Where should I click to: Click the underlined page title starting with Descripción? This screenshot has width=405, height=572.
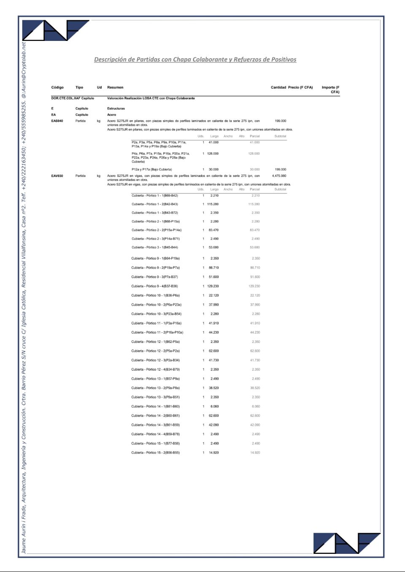coord(195,59)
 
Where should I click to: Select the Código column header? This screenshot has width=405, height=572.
coord(57,87)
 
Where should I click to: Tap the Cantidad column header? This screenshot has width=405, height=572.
coord(278,87)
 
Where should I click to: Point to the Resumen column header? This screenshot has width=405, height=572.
coord(115,87)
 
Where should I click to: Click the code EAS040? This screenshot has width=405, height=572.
coord(57,121)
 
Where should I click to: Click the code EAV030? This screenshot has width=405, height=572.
coord(57,176)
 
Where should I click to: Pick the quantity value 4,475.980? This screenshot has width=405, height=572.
coord(279,176)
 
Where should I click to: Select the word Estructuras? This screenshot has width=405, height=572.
coord(116,108)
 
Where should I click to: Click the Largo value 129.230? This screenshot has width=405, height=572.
coord(213,286)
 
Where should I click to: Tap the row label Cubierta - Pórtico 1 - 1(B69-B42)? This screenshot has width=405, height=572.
coord(155,196)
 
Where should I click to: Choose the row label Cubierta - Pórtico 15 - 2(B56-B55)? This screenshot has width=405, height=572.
coord(155,453)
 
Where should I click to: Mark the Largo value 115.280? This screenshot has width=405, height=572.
coord(213,204)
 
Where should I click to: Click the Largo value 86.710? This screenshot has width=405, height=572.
coord(213,267)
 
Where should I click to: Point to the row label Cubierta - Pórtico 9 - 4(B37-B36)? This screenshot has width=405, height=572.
coord(154,286)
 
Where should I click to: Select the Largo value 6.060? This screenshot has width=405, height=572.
coord(214,406)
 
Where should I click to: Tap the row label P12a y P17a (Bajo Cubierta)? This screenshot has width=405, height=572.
coord(152,170)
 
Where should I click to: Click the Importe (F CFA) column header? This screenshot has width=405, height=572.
coord(331,89)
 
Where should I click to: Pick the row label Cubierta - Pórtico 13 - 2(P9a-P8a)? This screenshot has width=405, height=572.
coord(155,388)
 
